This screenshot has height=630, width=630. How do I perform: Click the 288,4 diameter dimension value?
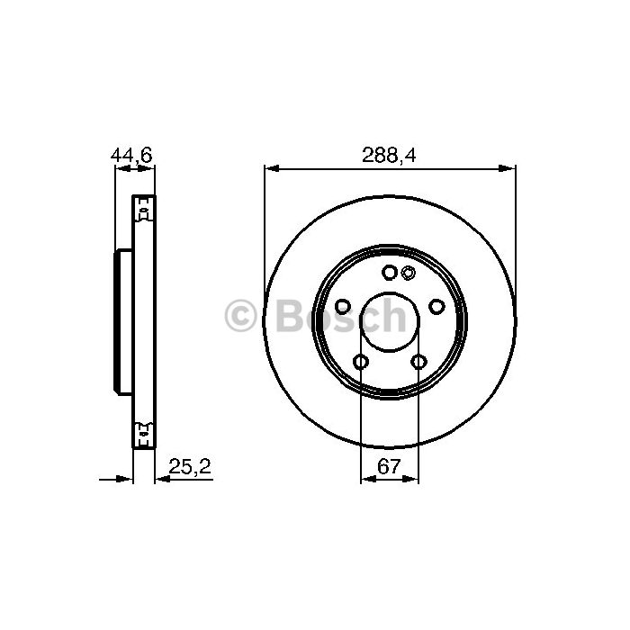pyautogui.click(x=389, y=155)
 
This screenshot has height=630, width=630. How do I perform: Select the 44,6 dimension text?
pyautogui.click(x=131, y=155)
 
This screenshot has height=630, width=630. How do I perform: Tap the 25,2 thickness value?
pyautogui.click(x=190, y=466)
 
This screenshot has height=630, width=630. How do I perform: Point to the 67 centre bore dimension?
pyautogui.click(x=389, y=466)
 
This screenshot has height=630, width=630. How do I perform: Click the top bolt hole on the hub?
pyautogui.click(x=390, y=273)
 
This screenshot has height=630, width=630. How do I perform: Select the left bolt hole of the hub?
pyautogui.click(x=342, y=307)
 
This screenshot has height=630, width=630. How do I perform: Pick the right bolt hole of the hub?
pyautogui.click(x=436, y=307)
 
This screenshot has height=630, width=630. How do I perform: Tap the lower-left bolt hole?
pyautogui.click(x=360, y=362)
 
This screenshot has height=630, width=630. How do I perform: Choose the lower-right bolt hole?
pyautogui.click(x=418, y=362)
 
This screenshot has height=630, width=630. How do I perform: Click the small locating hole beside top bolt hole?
pyautogui.click(x=409, y=273)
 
